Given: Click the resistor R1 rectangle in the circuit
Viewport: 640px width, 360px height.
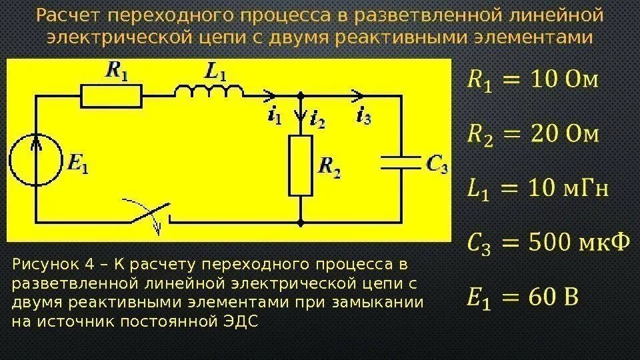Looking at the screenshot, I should [x=111, y=96].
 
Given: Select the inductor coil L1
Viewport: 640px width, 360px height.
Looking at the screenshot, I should [x=209, y=93].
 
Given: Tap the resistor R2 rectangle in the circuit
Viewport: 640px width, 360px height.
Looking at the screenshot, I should [x=301, y=165].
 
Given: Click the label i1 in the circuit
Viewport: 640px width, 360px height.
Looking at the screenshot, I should [x=273, y=117].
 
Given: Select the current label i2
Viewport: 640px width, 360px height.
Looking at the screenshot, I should [x=317, y=120].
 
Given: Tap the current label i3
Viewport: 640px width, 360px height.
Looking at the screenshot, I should [x=364, y=117].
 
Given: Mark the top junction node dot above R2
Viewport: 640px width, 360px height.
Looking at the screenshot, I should [x=301, y=96].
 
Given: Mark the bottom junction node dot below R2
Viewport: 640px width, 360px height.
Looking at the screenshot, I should [x=301, y=223].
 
